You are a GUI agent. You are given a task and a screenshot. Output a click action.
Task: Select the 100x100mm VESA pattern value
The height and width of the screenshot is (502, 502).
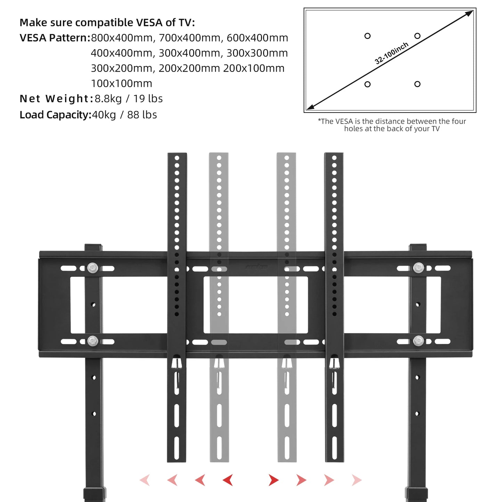pos(122,84)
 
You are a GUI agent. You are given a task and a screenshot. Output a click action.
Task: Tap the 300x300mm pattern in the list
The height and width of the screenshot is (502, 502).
pos(257,53)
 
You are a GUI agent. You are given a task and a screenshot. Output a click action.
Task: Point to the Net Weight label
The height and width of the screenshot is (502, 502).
pos(56,99)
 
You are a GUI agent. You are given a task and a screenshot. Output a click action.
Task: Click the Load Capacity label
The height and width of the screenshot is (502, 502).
pos(55,115)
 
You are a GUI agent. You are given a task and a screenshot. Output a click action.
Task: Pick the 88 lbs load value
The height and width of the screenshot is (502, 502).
pos(142,115)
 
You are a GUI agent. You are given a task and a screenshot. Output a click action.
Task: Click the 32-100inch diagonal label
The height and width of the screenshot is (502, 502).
pos(391,54)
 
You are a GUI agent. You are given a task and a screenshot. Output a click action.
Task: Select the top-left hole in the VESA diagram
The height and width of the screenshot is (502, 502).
pos(367,36)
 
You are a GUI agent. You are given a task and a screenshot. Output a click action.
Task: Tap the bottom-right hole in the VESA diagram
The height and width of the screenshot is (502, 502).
pos(417,84)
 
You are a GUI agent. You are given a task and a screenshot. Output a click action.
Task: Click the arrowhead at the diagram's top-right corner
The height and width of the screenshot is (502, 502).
pos(469,13)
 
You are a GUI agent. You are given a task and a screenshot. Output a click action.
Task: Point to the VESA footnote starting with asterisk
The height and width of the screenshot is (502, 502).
pos(392,125)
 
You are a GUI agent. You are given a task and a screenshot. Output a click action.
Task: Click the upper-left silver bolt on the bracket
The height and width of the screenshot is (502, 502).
pos(93,268)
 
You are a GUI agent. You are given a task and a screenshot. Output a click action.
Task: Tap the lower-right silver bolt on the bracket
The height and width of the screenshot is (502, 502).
pos(418,341)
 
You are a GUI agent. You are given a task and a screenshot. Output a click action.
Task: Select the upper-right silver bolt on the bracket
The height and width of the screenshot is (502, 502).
pos(418,268)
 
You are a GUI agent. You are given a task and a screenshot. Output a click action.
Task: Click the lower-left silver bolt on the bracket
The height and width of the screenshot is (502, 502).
pos(93,341)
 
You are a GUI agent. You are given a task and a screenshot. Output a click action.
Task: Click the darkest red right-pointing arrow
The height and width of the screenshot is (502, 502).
pos(273,480)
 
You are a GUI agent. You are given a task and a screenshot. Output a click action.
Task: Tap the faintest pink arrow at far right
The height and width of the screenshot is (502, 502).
pos(356,480)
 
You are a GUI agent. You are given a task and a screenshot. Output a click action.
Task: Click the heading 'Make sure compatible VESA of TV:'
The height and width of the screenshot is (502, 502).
pos(107,23)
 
